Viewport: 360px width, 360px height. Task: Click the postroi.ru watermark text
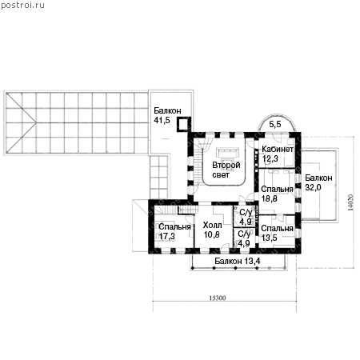[x=22, y=5]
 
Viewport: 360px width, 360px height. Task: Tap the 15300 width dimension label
[x=218, y=298]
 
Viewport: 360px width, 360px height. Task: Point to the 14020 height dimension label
[x=350, y=202]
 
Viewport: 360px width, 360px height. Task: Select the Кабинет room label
[x=278, y=149]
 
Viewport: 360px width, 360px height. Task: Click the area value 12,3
[x=270, y=158]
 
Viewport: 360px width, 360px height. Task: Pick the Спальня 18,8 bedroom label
[x=277, y=194]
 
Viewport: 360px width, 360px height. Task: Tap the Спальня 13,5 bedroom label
[x=277, y=233]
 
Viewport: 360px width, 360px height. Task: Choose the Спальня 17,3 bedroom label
[x=174, y=231]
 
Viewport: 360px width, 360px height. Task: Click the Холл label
[x=212, y=226]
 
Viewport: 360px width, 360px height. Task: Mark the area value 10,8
[x=212, y=234]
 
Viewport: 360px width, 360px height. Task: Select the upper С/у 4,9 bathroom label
[x=246, y=217]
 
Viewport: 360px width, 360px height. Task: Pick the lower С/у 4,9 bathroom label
[x=244, y=238]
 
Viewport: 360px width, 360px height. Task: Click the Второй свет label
[x=226, y=170]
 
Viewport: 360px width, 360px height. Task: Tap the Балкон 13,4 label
[x=238, y=261]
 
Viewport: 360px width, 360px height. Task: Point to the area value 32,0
[x=313, y=187]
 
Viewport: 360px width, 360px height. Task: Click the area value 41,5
[x=162, y=120]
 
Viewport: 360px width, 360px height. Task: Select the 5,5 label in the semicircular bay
[x=275, y=124]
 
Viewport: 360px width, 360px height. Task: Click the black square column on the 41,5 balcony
[x=183, y=124]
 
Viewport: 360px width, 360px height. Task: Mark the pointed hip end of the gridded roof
[x=36, y=123]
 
